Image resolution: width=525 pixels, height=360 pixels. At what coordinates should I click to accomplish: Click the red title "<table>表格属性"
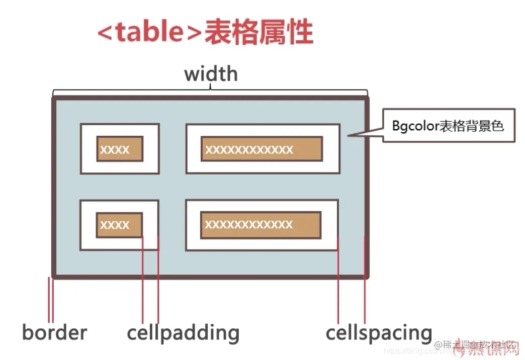205,32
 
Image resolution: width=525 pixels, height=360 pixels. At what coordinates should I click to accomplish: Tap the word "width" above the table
211,74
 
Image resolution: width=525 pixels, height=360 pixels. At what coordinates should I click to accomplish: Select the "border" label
54,332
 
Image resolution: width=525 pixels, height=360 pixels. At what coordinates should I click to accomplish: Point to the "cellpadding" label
183,333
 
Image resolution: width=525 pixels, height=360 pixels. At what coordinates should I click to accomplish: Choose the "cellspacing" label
379,333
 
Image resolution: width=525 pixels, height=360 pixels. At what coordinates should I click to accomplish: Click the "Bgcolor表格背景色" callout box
449,125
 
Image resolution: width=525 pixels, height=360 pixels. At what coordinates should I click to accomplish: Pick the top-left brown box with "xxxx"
120,149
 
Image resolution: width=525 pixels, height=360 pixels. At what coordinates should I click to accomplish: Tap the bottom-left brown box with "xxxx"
119,225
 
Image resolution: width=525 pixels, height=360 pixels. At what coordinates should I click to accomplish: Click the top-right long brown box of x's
261,149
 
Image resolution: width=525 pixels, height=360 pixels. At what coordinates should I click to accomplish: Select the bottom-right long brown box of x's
260,224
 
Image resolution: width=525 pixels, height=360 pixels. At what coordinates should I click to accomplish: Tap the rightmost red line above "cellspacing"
365,280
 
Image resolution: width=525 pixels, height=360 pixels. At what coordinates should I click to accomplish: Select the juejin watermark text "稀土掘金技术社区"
476,345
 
